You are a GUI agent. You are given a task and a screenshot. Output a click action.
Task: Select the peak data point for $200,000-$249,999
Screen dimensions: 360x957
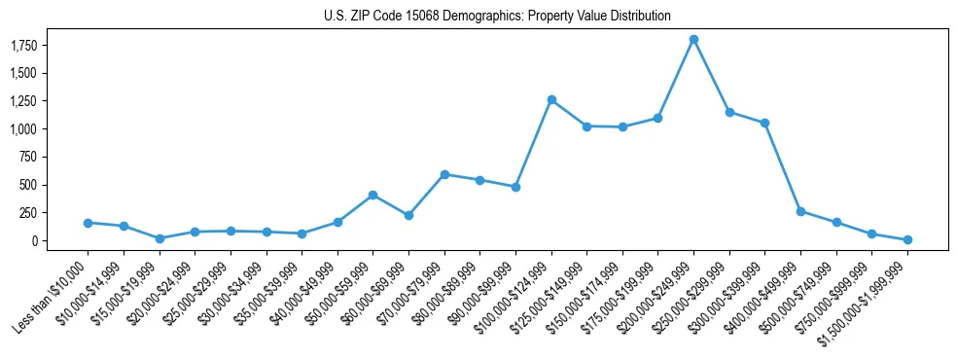693,39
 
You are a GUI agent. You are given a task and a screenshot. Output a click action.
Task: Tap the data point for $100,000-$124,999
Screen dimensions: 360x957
551,99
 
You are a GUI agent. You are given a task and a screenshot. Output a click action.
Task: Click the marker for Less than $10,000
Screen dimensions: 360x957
88,223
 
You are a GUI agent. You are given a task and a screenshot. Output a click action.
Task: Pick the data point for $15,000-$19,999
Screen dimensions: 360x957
159,238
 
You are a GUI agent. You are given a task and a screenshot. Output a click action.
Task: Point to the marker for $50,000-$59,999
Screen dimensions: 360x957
373,195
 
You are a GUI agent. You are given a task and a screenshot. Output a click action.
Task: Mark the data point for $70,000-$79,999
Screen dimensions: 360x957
444,174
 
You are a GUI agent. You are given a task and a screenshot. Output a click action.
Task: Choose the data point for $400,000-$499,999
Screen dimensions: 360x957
800,211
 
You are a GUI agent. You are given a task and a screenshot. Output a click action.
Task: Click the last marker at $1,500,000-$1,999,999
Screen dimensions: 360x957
907,239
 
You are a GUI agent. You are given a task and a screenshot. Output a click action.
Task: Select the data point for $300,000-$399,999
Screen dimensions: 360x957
765,123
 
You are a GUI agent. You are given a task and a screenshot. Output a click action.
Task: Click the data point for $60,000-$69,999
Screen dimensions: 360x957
408,215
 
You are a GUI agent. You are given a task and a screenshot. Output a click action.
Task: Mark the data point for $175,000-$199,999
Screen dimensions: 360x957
658,118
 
